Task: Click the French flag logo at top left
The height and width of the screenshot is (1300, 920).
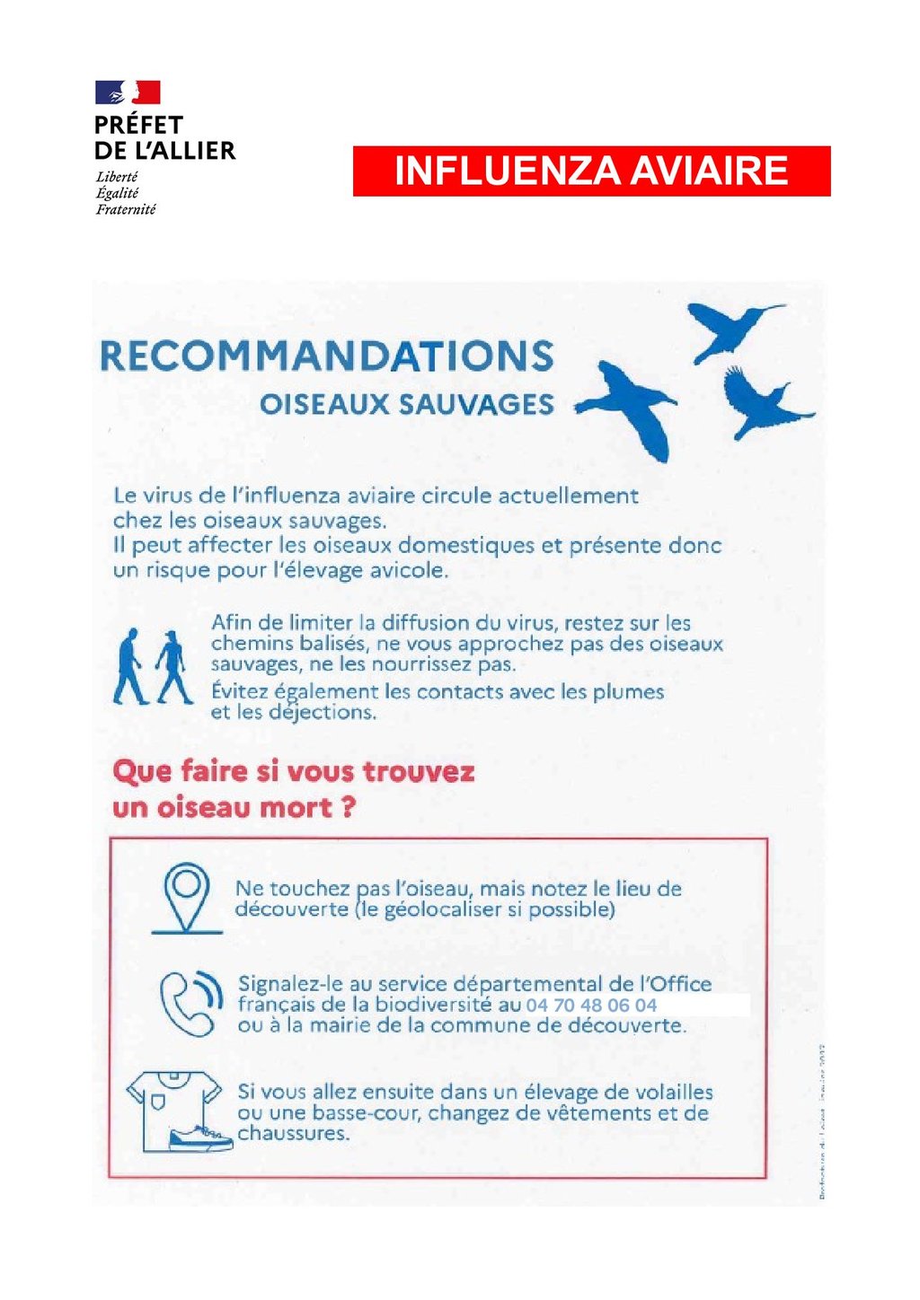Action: [x=128, y=92]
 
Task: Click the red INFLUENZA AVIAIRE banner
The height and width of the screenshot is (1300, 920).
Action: [x=591, y=171]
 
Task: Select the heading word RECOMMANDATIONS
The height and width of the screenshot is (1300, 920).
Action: [x=326, y=356]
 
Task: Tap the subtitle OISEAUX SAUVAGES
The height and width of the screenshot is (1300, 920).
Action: [x=406, y=405]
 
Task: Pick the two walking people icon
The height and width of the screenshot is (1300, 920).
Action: [x=152, y=666]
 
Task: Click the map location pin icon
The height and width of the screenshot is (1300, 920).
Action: [x=186, y=897]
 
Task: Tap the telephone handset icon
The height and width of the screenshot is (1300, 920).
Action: [x=190, y=1003]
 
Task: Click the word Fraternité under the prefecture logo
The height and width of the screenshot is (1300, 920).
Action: [x=126, y=209]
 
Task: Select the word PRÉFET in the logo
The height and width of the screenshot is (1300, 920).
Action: [x=138, y=125]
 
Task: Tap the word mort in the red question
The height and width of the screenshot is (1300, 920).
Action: [x=296, y=808]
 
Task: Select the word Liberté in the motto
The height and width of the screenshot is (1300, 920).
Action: [x=117, y=177]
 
